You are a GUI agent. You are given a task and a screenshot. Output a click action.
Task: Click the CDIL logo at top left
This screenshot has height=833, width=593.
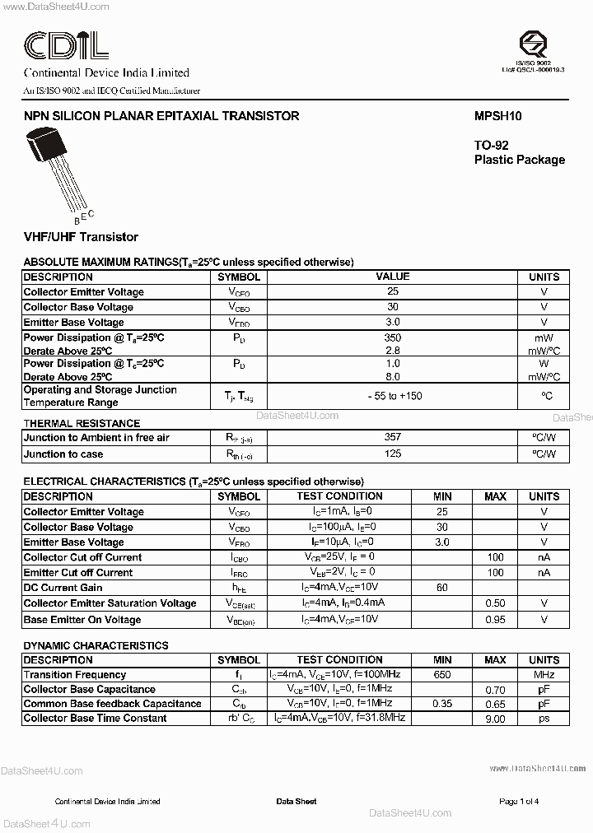point(66,45)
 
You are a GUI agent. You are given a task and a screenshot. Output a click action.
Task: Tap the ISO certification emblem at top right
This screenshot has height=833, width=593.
point(533,44)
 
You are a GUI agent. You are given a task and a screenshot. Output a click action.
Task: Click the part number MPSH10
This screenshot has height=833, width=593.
point(497,116)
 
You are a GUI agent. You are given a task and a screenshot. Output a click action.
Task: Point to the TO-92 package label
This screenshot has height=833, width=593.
point(492,145)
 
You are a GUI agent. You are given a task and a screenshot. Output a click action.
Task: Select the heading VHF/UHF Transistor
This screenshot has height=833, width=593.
point(81,237)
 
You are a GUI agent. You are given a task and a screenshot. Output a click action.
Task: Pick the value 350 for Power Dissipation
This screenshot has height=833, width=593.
point(392,337)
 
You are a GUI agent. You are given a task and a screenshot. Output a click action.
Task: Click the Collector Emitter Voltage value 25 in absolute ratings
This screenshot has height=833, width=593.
point(392,292)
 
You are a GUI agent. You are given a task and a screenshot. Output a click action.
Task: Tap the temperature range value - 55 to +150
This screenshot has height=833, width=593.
point(394,396)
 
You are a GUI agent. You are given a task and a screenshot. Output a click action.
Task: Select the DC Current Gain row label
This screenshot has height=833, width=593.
point(63,588)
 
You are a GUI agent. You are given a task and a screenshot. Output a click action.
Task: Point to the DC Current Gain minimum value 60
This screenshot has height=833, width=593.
point(442,588)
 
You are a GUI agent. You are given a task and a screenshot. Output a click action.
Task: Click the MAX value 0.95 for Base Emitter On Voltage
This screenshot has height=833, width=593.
point(495,619)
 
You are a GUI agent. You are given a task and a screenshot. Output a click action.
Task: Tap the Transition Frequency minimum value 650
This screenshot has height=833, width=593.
point(442,675)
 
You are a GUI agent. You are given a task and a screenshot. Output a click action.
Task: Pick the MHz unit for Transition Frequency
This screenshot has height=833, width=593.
point(544,675)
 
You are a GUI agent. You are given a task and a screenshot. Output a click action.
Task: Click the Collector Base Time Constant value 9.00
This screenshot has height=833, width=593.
point(495,719)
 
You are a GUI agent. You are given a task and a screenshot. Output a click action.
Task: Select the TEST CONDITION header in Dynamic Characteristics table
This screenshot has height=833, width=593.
point(339,660)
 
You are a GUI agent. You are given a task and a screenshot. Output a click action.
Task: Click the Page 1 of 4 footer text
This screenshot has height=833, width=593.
point(519,801)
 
